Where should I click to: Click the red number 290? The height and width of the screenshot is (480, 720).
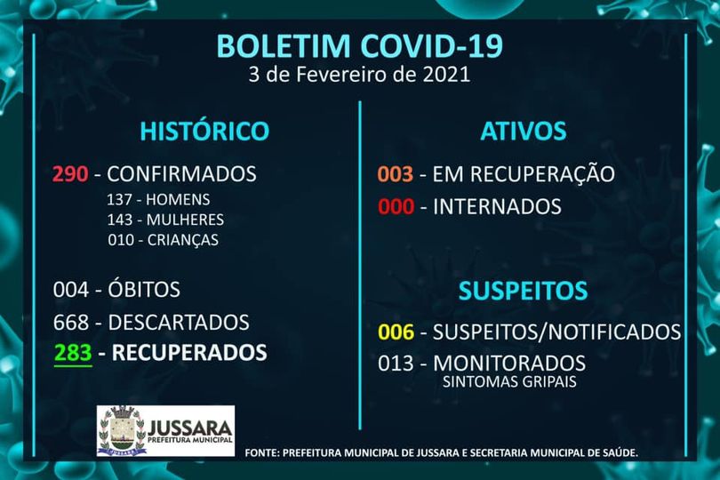(70, 174)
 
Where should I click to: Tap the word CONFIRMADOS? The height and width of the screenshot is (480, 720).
(182, 174)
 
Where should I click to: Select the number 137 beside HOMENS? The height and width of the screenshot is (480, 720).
(120, 199)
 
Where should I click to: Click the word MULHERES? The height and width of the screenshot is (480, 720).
(185, 220)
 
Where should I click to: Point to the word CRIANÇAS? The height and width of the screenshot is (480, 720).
(183, 240)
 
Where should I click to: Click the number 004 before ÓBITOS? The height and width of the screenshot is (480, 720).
(71, 290)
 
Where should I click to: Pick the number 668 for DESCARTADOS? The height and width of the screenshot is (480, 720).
(71, 323)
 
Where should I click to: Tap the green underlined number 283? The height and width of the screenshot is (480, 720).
(73, 353)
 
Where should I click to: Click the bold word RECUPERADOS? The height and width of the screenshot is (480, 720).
(189, 353)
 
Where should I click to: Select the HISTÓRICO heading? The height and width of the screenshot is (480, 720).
(204, 131)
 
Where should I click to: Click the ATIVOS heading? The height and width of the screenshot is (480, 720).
(524, 131)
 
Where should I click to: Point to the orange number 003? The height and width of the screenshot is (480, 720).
(396, 174)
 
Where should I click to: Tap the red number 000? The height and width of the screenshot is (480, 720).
(396, 207)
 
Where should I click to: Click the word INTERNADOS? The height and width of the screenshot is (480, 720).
(497, 207)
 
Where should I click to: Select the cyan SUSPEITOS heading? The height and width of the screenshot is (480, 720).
(523, 291)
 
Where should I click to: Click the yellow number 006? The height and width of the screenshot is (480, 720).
(396, 332)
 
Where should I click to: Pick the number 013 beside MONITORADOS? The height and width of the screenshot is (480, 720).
(396, 364)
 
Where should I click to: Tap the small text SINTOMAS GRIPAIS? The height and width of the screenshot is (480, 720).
(509, 381)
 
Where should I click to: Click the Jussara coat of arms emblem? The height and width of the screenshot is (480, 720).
(122, 430)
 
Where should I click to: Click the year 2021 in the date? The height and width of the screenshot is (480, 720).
(446, 75)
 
